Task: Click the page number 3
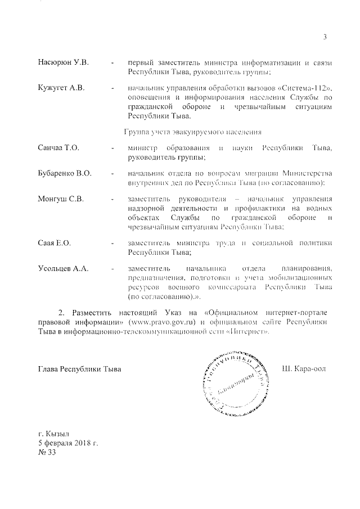click(325, 37)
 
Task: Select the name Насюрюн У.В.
click(63, 61)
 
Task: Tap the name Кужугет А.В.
click(60, 88)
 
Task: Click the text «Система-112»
click(304, 88)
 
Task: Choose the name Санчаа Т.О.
click(58, 147)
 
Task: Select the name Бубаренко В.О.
click(65, 173)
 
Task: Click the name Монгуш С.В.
click(61, 199)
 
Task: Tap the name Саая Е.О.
click(54, 242)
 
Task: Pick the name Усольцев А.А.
click(64, 269)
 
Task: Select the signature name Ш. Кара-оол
click(304, 368)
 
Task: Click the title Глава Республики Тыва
click(79, 369)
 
